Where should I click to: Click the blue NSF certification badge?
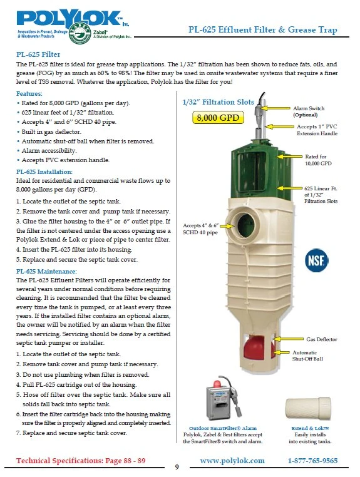pos(316,260)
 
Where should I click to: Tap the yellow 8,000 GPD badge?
pos(218,118)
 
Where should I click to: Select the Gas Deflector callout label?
pos(322,339)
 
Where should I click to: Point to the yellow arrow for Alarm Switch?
pos(275,108)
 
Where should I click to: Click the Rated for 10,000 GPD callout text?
pos(318,160)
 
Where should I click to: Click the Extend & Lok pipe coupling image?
pos(308,408)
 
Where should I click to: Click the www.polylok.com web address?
pos(232,461)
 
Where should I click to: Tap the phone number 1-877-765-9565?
pos(312,461)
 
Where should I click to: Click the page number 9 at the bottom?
pos(177,467)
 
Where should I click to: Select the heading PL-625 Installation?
pos(44,172)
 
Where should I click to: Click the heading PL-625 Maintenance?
pos(46,271)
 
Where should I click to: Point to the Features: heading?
pos(29,93)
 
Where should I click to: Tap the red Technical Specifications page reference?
pos(81,461)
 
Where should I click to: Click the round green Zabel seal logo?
pos(80,33)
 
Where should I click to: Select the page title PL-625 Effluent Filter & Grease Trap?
pos(263,29)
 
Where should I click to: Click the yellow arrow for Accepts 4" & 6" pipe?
pos(227,226)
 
